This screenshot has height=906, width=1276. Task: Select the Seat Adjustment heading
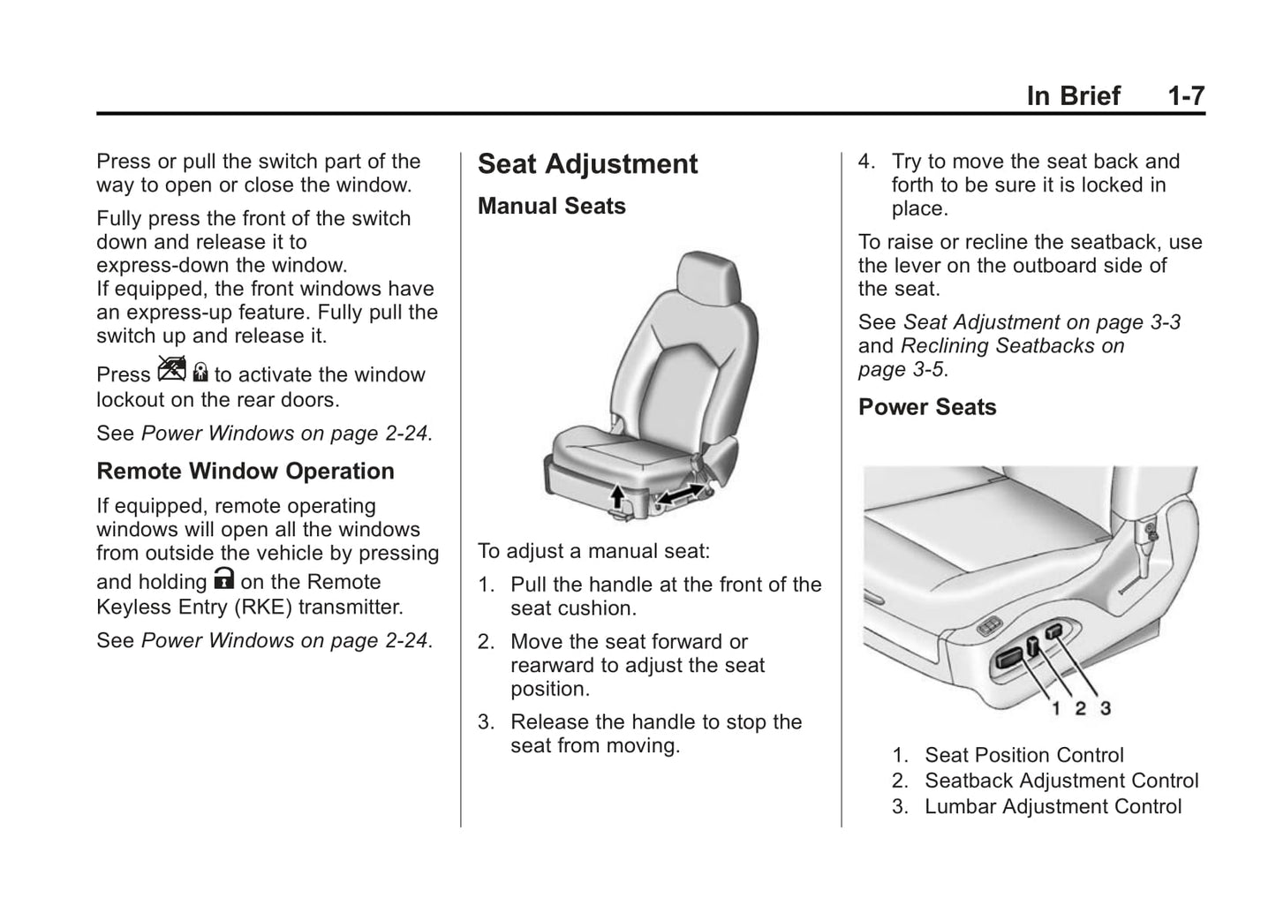587,164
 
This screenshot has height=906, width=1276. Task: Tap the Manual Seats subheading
551,206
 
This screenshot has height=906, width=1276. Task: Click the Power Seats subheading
926,407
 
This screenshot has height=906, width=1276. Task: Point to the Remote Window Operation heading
245,471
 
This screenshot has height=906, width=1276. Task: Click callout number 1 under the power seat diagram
1055,707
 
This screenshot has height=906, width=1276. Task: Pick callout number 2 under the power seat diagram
1080,707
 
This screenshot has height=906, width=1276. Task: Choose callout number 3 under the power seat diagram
1105,707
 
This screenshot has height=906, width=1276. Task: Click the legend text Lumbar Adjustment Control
1052,806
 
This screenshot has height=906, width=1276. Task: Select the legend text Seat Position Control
1023,755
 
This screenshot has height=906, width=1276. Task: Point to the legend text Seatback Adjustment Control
1061,781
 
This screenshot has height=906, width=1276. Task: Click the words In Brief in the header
1073,95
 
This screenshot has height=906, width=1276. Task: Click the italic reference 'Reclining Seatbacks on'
1012,345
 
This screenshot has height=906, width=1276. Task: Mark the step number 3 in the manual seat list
484,721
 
